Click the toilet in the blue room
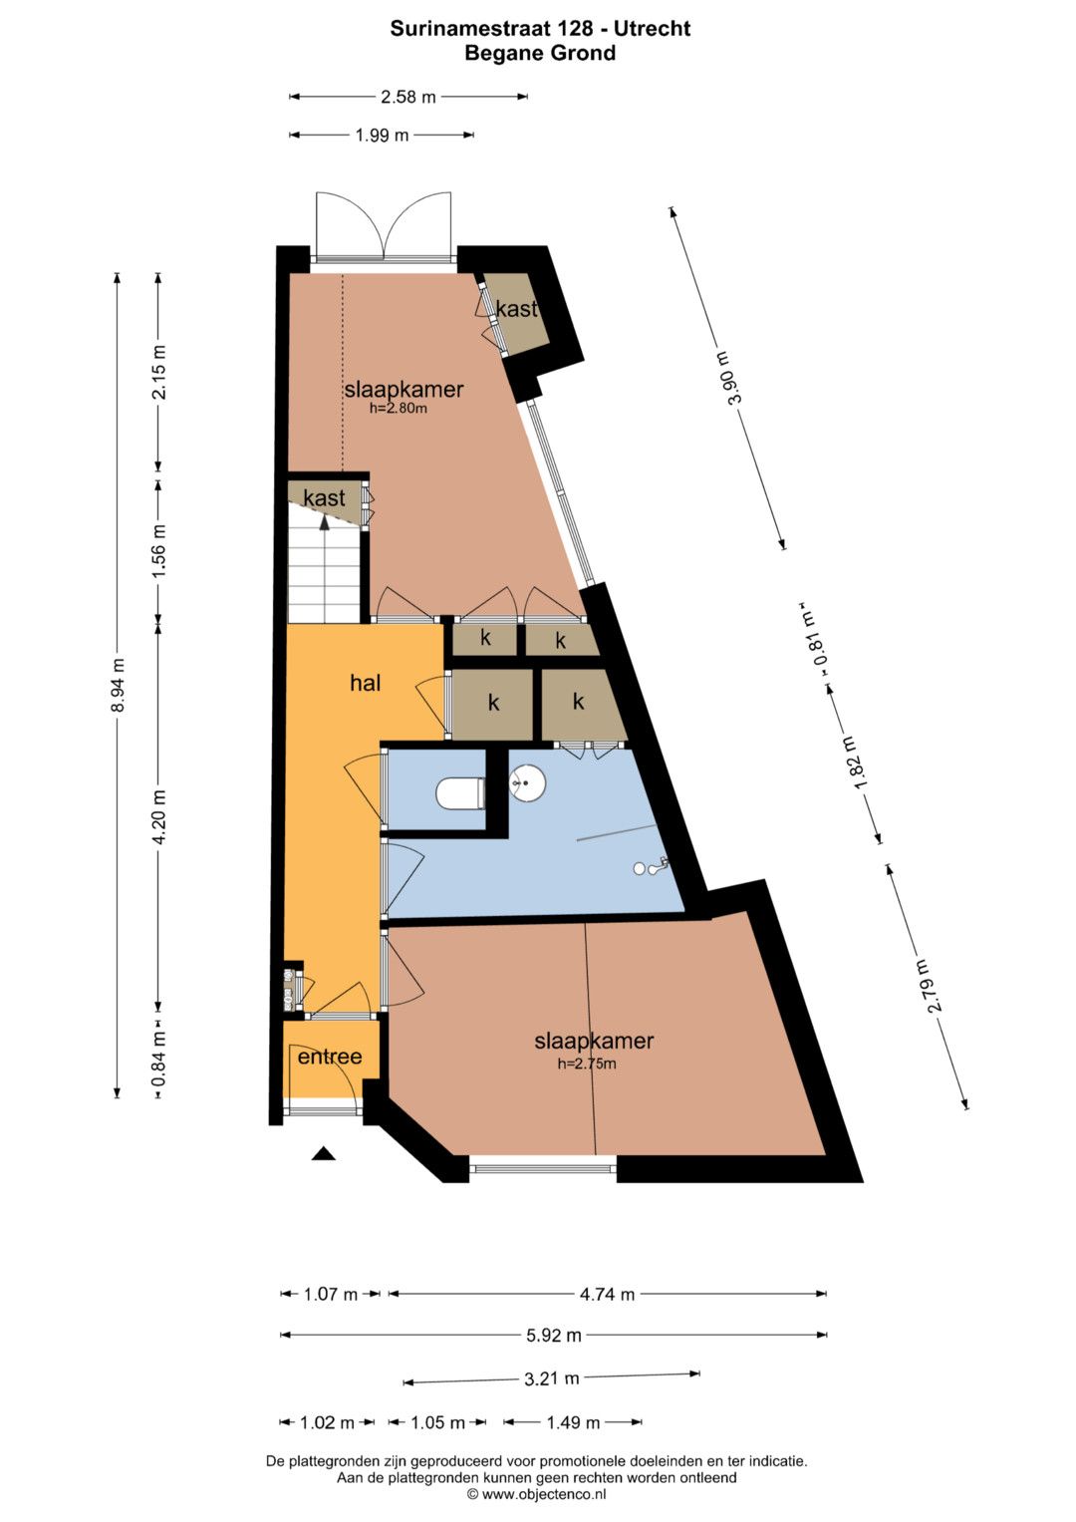pos(460,793)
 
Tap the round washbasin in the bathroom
pos(527,783)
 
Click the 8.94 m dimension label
pos(118,685)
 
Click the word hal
pos(365,683)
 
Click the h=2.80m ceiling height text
pos(399,409)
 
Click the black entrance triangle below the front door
pos(324,1153)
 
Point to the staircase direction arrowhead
pos(325,522)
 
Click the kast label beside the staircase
pos(324,498)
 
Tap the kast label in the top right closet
pos(517,309)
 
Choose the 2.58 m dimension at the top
pos(407,97)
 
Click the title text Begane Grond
pos(540,53)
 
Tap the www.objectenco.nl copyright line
pos(537,1494)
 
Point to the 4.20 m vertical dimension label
pos(159,816)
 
